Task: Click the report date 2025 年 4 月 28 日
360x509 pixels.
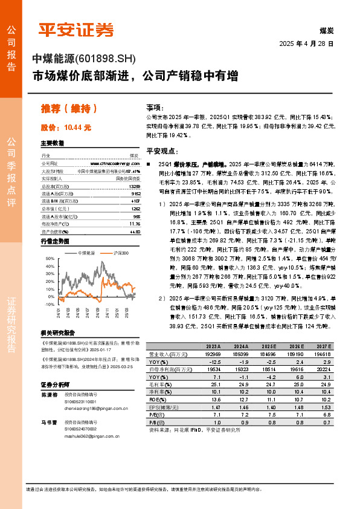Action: point(306,44)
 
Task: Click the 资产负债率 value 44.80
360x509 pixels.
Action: point(135,231)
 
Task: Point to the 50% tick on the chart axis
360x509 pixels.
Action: point(50,259)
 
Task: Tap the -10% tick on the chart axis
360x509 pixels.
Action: point(50,305)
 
